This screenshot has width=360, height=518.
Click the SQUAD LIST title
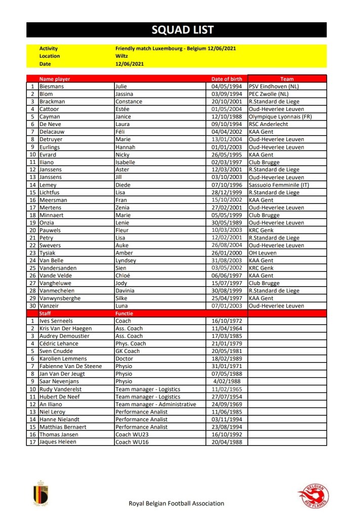[176, 30]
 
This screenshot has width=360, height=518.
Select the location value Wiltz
[121, 56]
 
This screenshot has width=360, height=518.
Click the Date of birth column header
[226, 79]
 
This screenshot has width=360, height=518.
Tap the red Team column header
[287, 79]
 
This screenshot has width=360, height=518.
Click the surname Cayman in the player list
[49, 117]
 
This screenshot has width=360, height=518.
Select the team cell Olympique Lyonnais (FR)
[280, 117]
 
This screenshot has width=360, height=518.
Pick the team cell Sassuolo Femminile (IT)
[280, 185]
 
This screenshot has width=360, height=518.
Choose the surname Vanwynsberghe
[60, 298]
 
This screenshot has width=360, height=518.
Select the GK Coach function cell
[128, 351]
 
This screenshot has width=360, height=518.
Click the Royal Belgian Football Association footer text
[177, 503]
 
